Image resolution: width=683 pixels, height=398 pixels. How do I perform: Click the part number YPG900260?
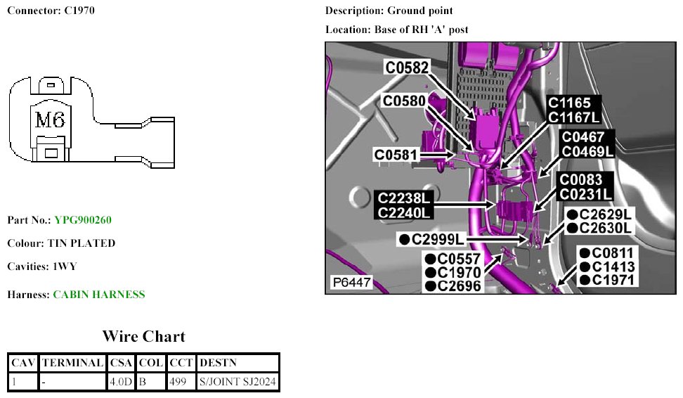coord(83,220)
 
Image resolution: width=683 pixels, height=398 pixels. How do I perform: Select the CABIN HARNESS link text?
coord(99,295)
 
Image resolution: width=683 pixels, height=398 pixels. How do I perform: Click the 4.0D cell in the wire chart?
coord(119,382)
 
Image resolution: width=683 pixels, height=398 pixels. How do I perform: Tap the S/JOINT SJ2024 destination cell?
coord(238,382)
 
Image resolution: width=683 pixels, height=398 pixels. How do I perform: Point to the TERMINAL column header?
coord(72,363)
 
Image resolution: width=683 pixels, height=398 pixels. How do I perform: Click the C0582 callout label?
coord(407,67)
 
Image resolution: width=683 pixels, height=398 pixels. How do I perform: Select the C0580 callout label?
coord(404,101)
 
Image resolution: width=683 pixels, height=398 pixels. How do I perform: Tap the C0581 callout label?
coord(396,154)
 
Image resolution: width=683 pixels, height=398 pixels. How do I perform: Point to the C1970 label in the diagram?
coord(458,272)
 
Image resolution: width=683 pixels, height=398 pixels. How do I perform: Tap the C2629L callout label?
coord(606,214)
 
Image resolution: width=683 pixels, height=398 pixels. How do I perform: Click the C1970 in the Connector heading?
coord(79,11)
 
